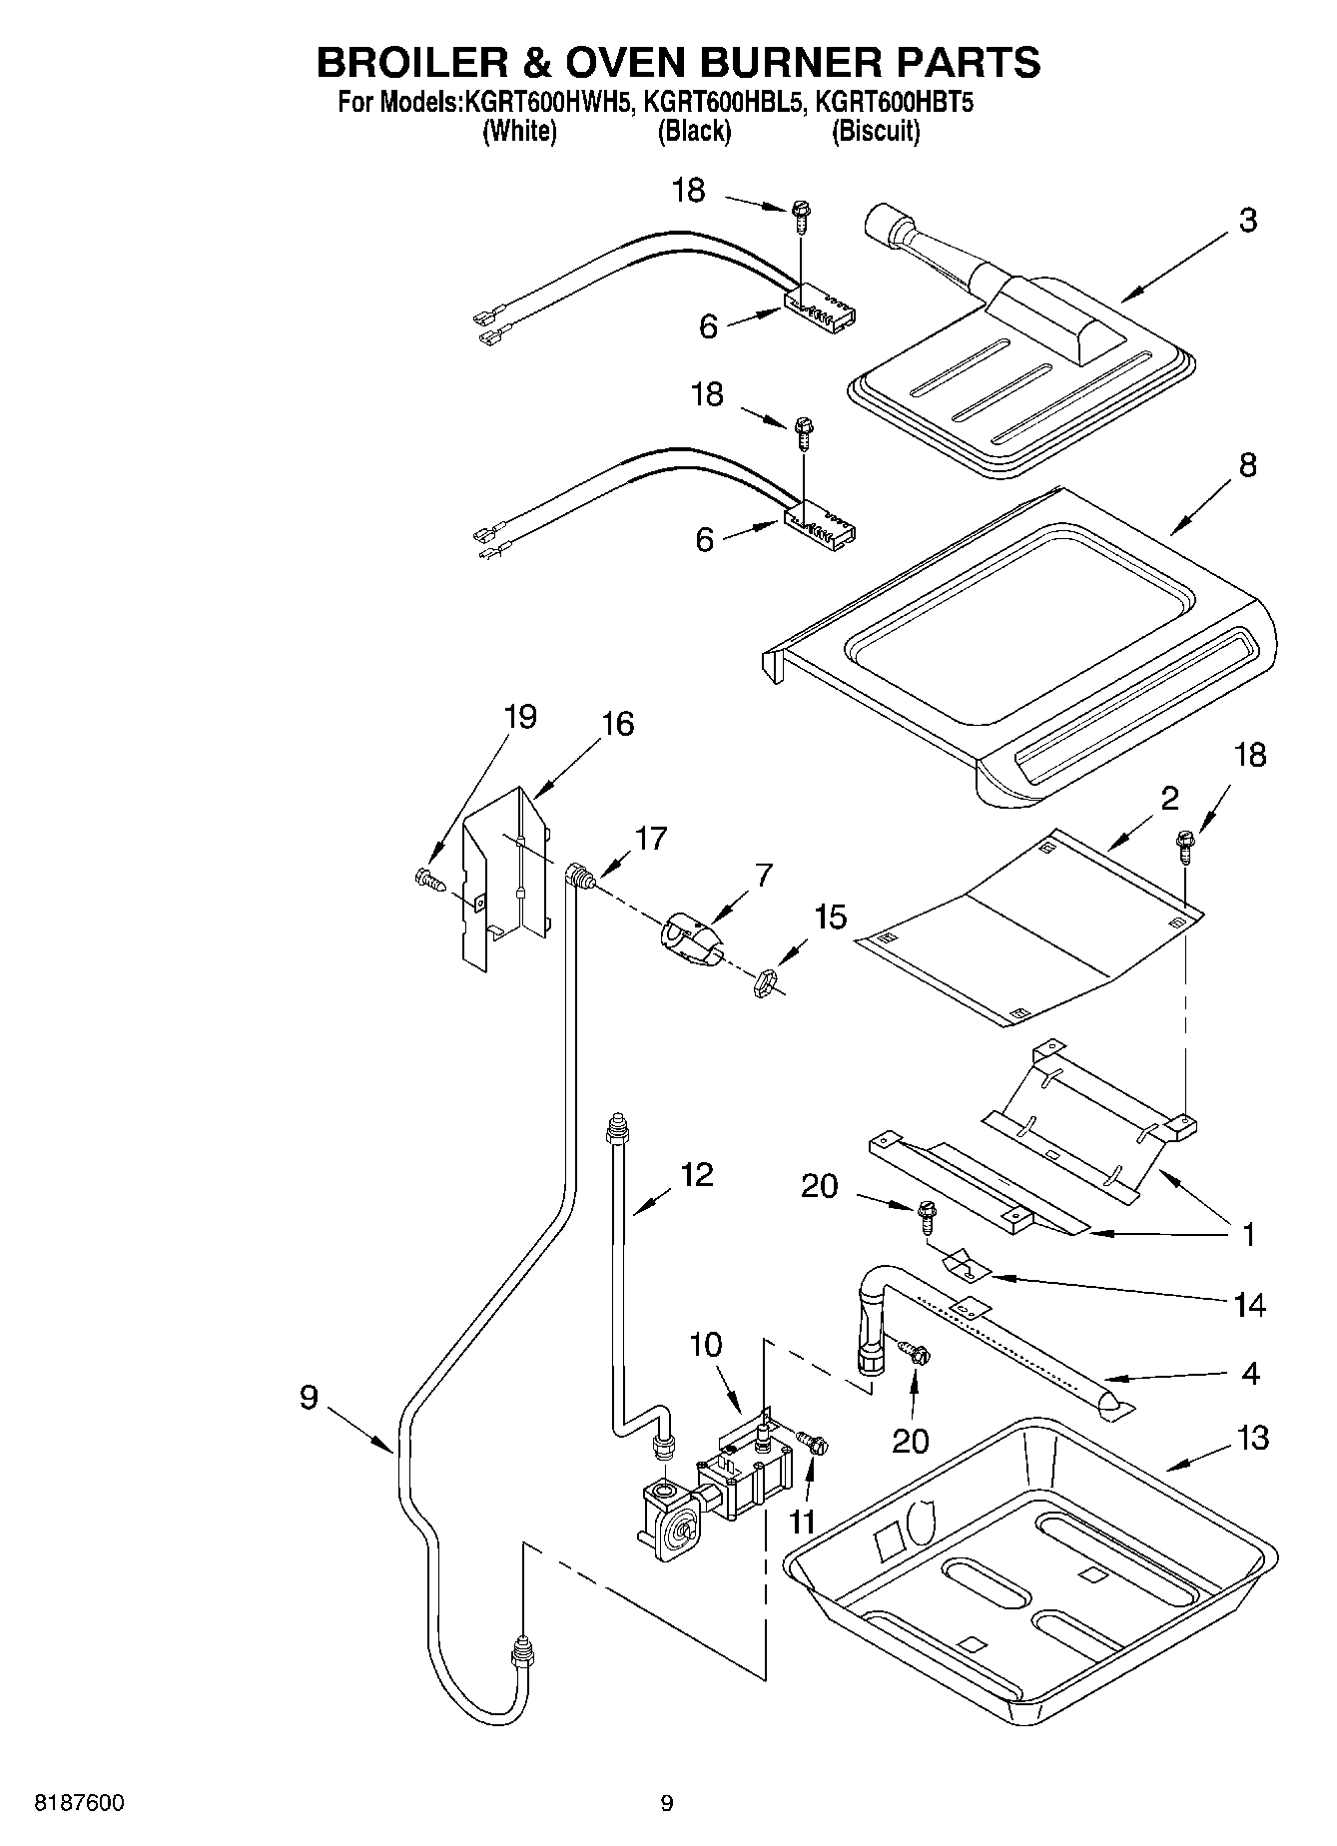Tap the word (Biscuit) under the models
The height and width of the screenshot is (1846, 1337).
(876, 131)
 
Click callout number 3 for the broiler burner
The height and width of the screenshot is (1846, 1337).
(1247, 221)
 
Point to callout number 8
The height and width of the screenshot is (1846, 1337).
(1247, 465)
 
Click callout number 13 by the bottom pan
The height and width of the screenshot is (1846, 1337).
(1252, 1438)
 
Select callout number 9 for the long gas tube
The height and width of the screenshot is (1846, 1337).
(309, 1397)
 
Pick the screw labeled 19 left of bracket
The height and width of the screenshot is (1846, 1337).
(426, 879)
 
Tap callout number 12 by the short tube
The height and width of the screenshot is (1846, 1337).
(696, 1174)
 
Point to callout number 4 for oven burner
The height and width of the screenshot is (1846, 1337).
(1249, 1372)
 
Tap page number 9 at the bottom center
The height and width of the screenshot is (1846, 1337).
(667, 1803)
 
